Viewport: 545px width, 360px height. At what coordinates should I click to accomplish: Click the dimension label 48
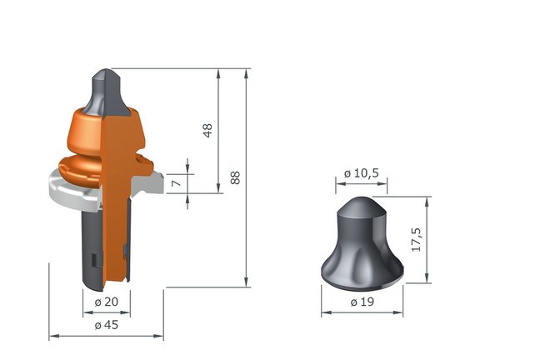pos(207,131)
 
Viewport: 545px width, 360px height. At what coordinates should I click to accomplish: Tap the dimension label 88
pos(235,177)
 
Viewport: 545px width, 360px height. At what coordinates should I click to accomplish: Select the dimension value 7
pos(177,182)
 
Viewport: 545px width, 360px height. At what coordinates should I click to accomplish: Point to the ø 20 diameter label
pos(107,302)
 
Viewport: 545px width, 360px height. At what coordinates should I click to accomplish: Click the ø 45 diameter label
pos(107,325)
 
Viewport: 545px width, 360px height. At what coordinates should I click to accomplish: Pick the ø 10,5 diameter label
pos(361,173)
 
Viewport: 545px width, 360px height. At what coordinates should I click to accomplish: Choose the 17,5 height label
pos(416,240)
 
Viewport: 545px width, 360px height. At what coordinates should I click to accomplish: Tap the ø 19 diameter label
pos(362,302)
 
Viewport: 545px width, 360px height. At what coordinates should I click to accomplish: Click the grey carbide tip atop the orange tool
pos(107,92)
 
